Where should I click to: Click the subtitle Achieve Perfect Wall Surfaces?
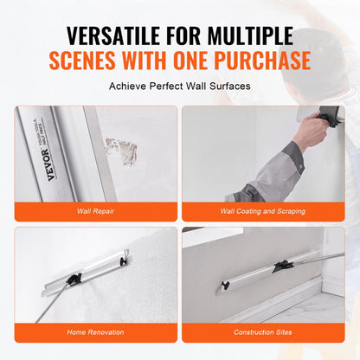(179, 87)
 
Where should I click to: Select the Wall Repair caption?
(96, 209)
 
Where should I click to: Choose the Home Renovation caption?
(96, 331)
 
